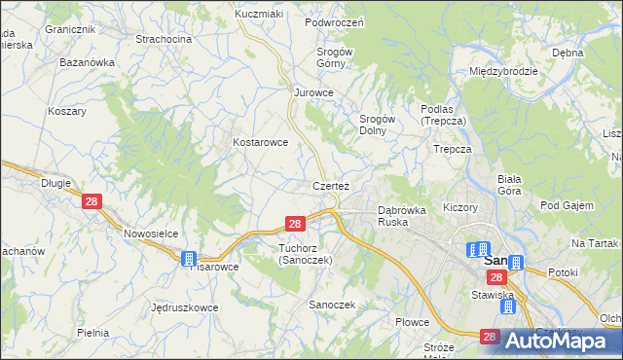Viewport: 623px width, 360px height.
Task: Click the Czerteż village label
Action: [331, 185]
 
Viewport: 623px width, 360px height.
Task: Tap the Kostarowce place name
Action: [260, 142]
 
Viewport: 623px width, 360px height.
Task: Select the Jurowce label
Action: [314, 93]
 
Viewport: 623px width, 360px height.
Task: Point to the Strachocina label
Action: [163, 39]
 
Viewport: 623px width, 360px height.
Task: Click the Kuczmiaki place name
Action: [258, 14]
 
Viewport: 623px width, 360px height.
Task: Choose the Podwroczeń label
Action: [334, 22]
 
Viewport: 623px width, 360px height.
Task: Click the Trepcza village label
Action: [453, 150]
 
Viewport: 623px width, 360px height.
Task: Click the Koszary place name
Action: [67, 111]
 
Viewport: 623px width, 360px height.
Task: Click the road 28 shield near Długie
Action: [92, 201]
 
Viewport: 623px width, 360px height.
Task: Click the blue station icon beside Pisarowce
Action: [189, 259]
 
